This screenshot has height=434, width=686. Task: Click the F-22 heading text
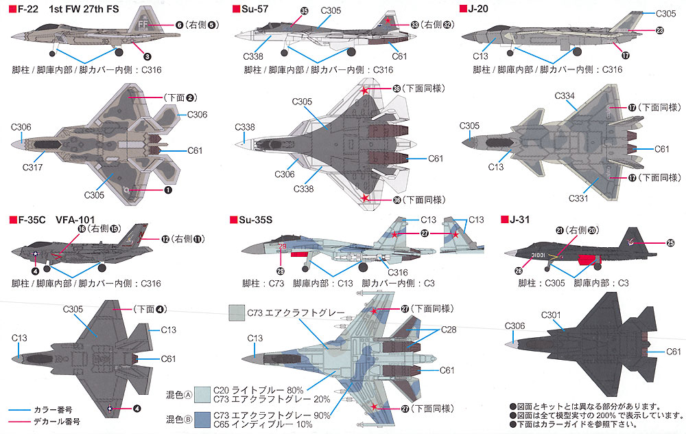(x=28, y=9)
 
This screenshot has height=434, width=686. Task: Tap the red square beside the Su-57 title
(x=236, y=9)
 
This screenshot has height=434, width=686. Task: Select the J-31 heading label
(x=520, y=220)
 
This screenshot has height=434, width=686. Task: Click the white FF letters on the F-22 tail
(x=143, y=24)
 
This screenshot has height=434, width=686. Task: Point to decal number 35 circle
(x=304, y=11)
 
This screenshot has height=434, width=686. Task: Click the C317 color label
(x=32, y=167)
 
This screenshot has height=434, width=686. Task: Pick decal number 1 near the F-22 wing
(x=168, y=190)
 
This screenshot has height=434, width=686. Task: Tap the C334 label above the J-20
(x=565, y=96)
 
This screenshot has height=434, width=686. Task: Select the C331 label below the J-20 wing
(x=578, y=198)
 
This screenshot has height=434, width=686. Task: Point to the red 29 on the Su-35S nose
(x=282, y=247)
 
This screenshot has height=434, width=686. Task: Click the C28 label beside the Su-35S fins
(x=449, y=330)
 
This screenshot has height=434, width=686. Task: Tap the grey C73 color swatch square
(x=237, y=312)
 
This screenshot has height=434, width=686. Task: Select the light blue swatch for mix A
(x=202, y=395)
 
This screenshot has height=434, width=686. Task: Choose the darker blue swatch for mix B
(x=202, y=420)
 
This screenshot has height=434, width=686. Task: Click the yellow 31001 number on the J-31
(x=538, y=255)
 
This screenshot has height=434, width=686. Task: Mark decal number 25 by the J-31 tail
(x=671, y=242)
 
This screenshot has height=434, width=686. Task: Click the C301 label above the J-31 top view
(x=551, y=315)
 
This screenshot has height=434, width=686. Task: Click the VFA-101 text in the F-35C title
(x=75, y=220)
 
